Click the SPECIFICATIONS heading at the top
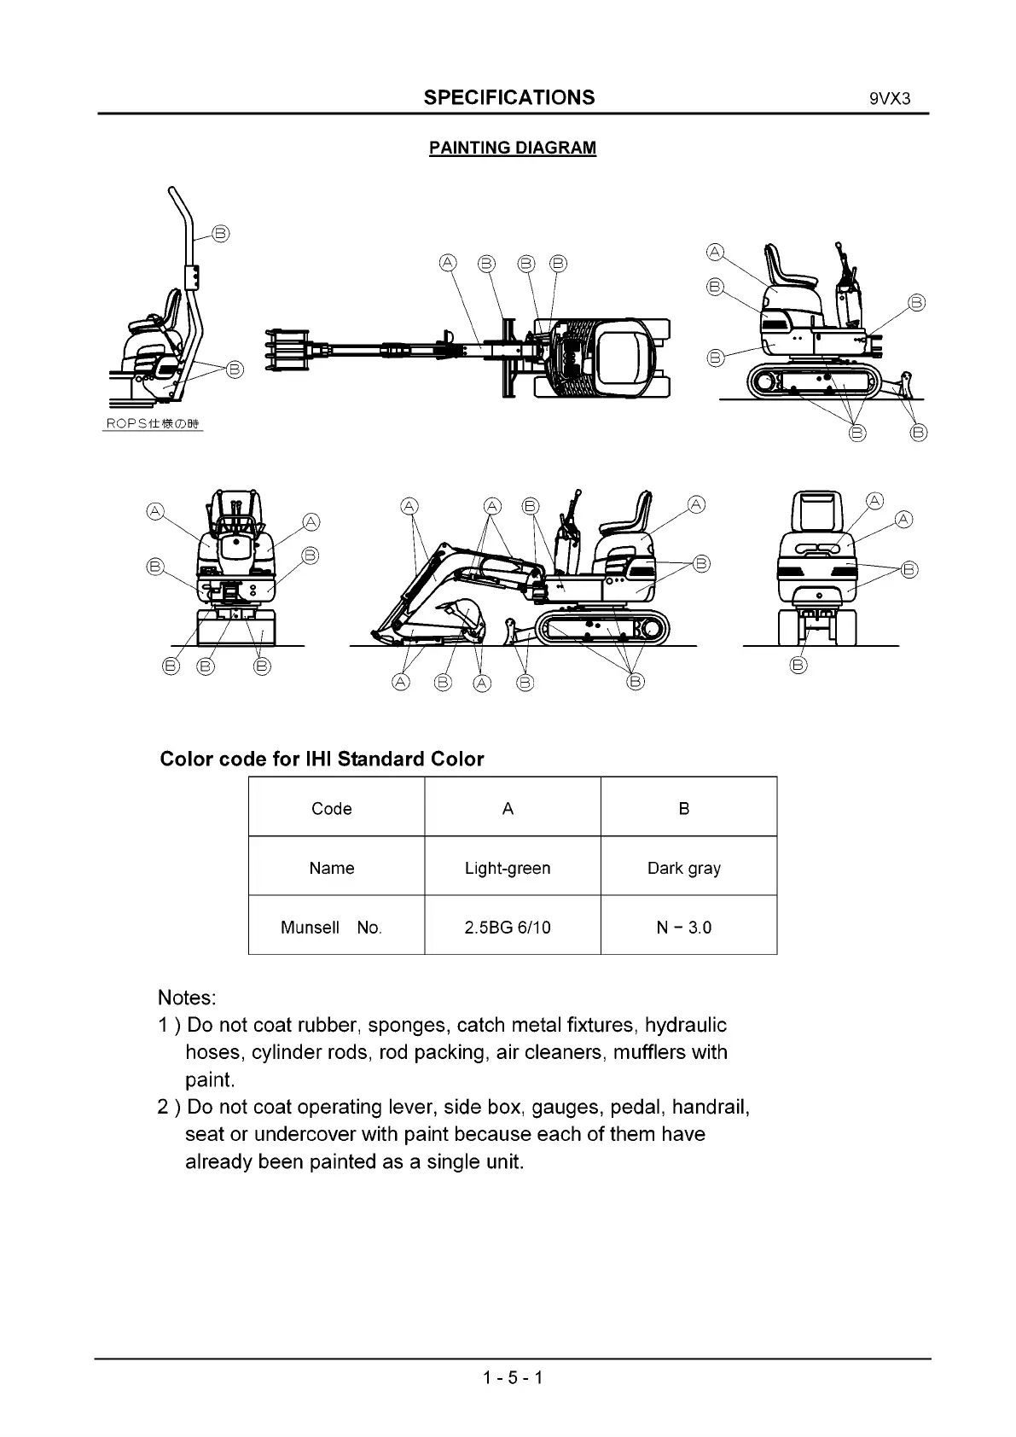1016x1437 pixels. click(509, 97)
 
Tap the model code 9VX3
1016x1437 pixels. click(890, 99)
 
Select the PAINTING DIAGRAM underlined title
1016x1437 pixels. click(512, 148)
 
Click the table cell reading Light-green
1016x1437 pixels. click(508, 868)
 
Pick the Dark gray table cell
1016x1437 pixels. click(683, 868)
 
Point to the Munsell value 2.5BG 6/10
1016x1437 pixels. click(508, 928)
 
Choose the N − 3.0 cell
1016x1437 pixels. click(683, 928)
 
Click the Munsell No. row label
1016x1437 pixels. click(331, 928)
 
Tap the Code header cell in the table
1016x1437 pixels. click(331, 809)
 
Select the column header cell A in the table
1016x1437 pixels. click(508, 809)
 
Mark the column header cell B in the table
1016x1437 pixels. click(683, 809)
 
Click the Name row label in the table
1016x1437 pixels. click(331, 868)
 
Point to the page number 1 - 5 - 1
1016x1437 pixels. click(512, 1377)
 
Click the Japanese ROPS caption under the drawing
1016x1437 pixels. click(154, 424)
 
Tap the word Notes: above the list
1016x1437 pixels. click(187, 998)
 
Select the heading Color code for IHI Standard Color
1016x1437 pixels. click(322, 759)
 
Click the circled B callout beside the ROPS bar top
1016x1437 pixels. click(221, 233)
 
